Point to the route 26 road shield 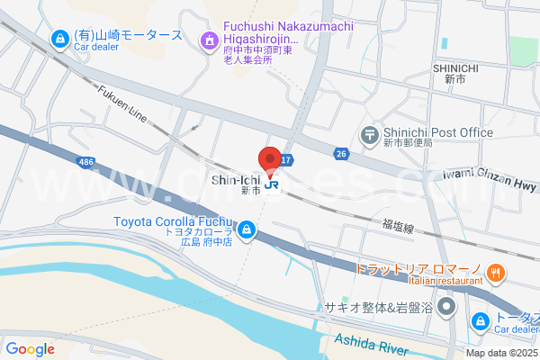click(341, 154)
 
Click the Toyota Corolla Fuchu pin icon click(247, 232)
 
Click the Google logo click(30, 349)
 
